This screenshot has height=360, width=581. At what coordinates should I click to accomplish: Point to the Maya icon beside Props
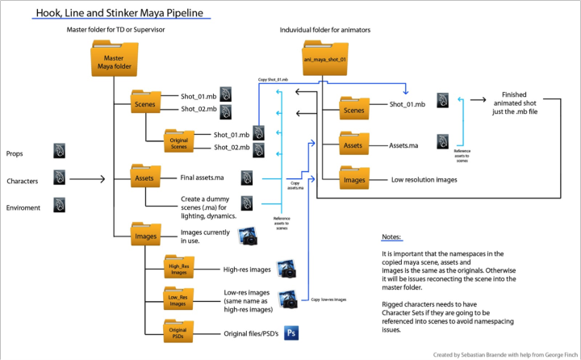59,150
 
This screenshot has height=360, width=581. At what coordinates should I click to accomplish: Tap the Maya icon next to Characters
59,178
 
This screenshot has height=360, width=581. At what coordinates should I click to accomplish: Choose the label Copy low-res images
329,299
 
